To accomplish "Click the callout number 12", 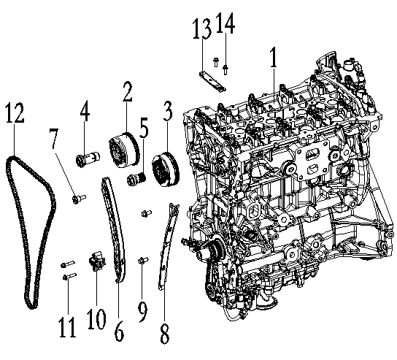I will (15, 114).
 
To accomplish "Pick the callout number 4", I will (85, 114).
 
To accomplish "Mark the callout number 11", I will (67, 326).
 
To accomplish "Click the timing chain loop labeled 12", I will (28, 234).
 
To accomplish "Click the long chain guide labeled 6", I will (113, 226).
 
